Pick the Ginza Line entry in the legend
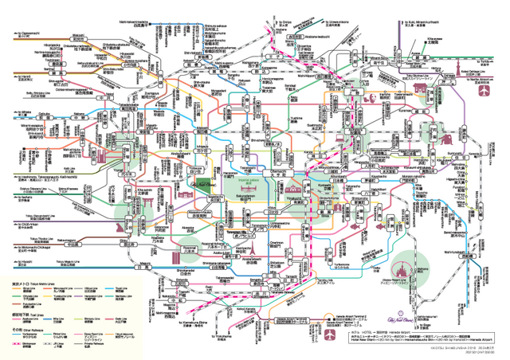[x=29, y=292]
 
